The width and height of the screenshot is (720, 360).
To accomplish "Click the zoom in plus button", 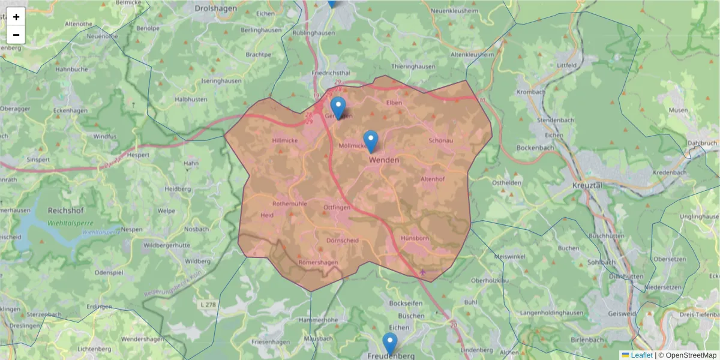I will (16, 17).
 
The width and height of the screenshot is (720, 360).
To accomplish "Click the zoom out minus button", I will (16, 35).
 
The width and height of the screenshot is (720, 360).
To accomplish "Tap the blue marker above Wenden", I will (371, 141).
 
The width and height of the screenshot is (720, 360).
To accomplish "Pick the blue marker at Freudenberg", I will (390, 344).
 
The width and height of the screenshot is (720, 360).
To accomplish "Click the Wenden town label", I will (385, 160).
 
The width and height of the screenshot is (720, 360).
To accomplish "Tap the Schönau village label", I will (441, 140).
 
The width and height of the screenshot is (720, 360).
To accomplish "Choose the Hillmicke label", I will (285, 140).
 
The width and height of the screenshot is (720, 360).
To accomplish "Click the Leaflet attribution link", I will (641, 355).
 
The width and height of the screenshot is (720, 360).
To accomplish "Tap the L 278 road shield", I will (207, 305).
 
